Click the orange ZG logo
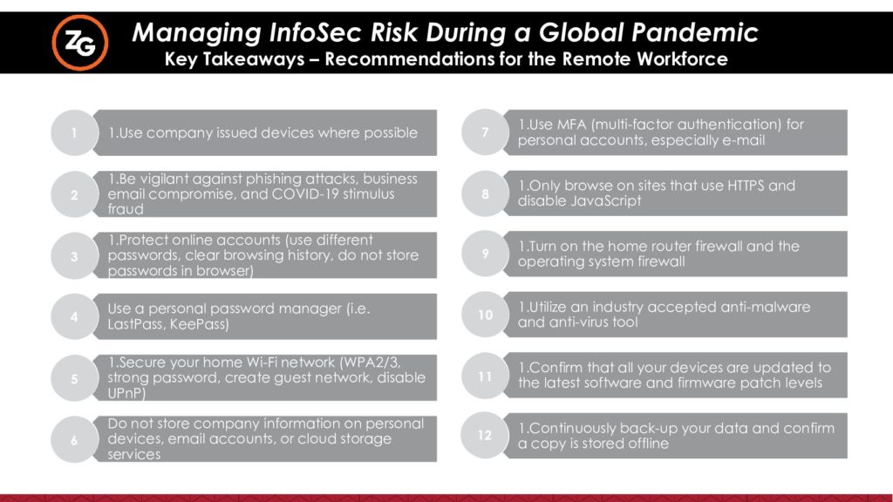coord(79,43)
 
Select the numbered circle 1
coord(74,132)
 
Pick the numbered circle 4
coord(74,316)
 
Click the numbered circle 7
coord(485,132)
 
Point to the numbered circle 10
coord(485,314)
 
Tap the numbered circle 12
coord(485,436)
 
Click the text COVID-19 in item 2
coord(304,194)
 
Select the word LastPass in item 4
coord(135,324)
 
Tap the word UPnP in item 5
coord(126,393)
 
